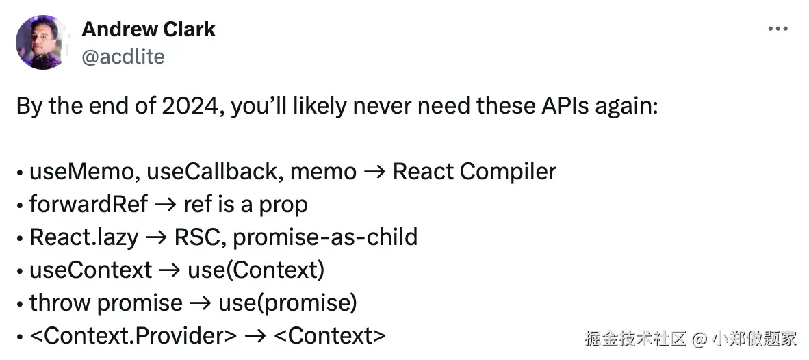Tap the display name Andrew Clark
(149, 29)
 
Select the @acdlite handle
(123, 56)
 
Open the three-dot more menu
(778, 29)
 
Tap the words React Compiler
(474, 171)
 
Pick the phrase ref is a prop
(245, 204)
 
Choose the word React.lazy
(84, 237)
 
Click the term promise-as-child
(324, 237)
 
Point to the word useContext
(90, 270)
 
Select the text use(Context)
(255, 270)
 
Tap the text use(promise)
(287, 303)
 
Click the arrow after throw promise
(201, 303)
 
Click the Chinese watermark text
(690, 337)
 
